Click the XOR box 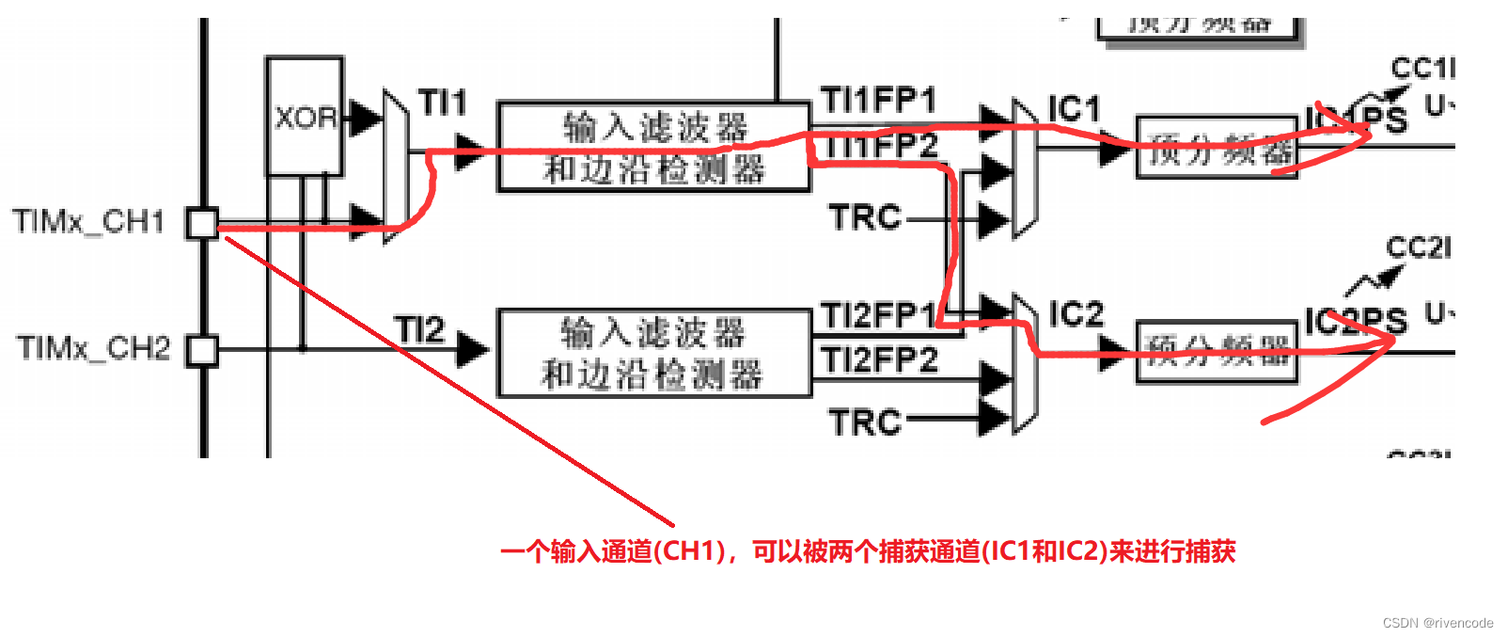point(304,117)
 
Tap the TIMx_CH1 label point(88,222)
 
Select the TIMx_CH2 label point(93,348)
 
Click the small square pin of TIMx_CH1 point(202,223)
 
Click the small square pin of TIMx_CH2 point(202,350)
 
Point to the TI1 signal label point(442,102)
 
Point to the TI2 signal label point(419,329)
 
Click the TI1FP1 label point(878,100)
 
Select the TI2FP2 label point(879,359)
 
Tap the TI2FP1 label point(879,315)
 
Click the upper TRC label point(864,217)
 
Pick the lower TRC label point(864,422)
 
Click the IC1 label point(1074,109)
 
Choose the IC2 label point(1076,313)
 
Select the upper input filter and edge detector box point(653,148)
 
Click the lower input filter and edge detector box point(653,354)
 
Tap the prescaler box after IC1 point(1217,148)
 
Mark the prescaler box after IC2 point(1217,352)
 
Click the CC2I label point(1419,247)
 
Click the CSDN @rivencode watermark point(1437,623)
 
